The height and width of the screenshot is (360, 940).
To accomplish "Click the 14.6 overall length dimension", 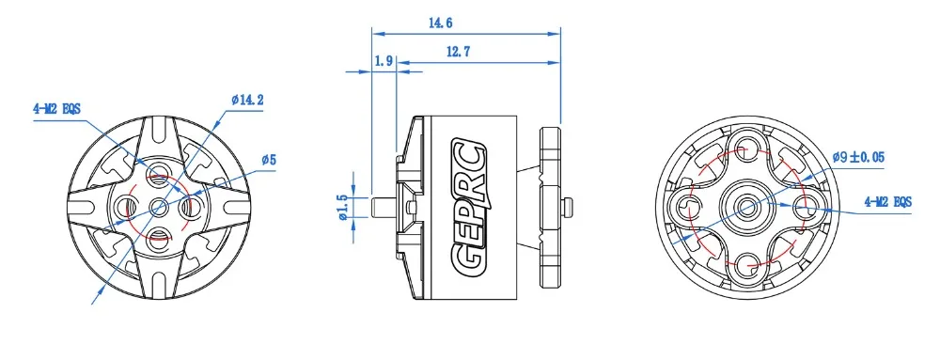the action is [x=440, y=23].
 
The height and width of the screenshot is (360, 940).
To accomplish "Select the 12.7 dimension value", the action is [x=458, y=52].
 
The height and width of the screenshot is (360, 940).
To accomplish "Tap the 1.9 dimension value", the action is [x=384, y=60].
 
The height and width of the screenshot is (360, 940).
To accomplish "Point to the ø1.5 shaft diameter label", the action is [x=343, y=207].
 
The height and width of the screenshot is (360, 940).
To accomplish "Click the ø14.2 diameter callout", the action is [x=247, y=100].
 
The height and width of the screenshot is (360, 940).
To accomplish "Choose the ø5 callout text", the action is [x=269, y=160].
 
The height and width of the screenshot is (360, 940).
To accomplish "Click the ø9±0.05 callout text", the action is [x=858, y=158].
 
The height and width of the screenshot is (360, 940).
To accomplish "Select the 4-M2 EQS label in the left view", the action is [x=57, y=109].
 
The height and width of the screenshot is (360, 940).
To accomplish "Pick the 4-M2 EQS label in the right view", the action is [x=888, y=202].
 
